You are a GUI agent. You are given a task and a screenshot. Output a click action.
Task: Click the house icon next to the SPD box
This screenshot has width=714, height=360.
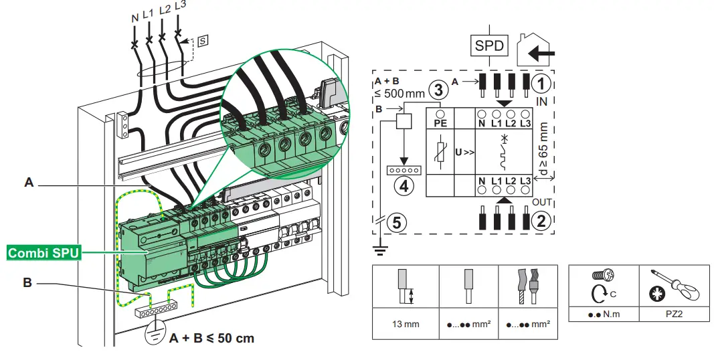tap(537, 48)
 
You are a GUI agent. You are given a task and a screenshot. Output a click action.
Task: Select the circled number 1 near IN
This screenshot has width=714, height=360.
tap(543, 84)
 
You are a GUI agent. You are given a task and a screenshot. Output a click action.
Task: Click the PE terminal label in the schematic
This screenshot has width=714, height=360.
tap(440, 122)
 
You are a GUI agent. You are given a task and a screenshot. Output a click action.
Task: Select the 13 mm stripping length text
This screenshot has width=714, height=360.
tap(406, 324)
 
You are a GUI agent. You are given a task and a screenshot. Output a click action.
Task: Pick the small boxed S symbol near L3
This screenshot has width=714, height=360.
tap(203, 41)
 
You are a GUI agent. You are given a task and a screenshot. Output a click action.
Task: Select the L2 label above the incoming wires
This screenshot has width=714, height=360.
tap(164, 9)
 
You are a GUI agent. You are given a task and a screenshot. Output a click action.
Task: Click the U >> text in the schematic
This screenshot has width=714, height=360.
tap(464, 152)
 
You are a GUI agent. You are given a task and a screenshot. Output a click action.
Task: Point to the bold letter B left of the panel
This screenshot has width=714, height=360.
tap(27, 284)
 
